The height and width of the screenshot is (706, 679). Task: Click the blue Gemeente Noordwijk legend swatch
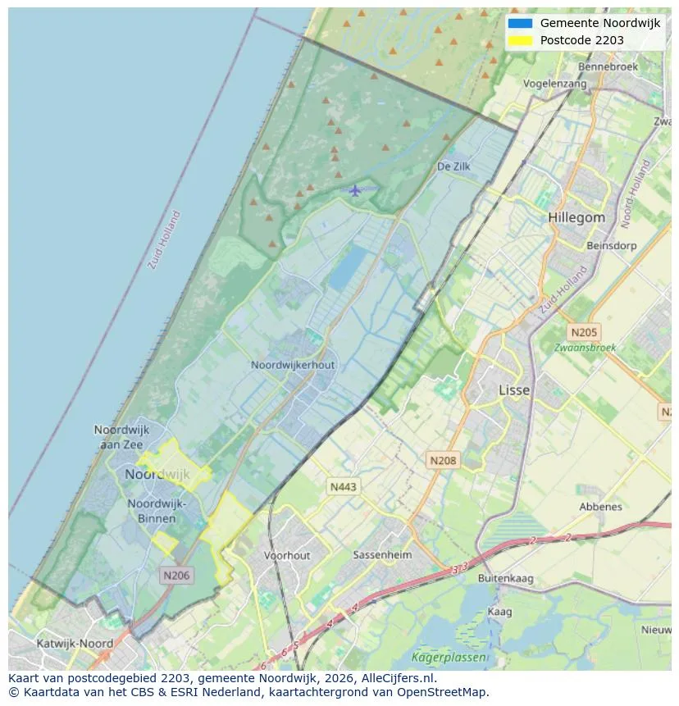click(520, 23)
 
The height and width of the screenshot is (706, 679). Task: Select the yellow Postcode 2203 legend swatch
click(520, 40)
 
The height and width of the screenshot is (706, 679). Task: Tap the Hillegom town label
click(576, 218)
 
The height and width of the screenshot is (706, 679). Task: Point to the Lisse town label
click(514, 390)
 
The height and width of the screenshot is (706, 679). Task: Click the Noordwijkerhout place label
click(293, 365)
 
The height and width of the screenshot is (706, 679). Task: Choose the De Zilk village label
click(453, 166)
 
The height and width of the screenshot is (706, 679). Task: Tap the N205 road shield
click(584, 332)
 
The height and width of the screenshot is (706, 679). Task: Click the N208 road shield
click(443, 461)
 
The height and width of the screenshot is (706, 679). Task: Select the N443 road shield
click(343, 487)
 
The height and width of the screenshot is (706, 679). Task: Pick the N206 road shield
click(176, 576)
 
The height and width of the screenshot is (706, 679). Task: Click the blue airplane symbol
click(354, 191)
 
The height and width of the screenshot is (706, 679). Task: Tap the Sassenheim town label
click(380, 555)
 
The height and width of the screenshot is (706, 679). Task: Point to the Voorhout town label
click(287, 556)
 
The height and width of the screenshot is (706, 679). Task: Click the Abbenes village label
click(600, 507)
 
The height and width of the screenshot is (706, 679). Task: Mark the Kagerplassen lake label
click(449, 658)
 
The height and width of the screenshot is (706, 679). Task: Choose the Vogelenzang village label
click(555, 84)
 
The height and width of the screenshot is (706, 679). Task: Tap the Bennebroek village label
click(608, 66)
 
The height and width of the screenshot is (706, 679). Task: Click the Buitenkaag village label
click(505, 579)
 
